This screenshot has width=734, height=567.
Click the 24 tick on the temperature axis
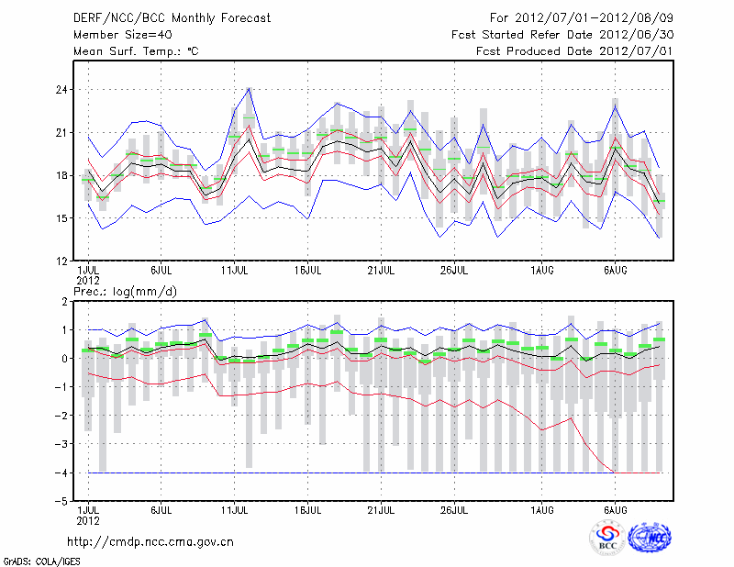coord(63,90)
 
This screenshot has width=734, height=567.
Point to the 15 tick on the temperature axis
coord(63,218)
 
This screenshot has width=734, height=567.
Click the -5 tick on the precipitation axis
coord(63,501)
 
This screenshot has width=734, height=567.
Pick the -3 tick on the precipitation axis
coord(63,444)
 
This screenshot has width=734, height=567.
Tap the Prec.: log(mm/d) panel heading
coord(126,292)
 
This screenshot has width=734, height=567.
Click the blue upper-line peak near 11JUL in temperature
coord(249,88)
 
